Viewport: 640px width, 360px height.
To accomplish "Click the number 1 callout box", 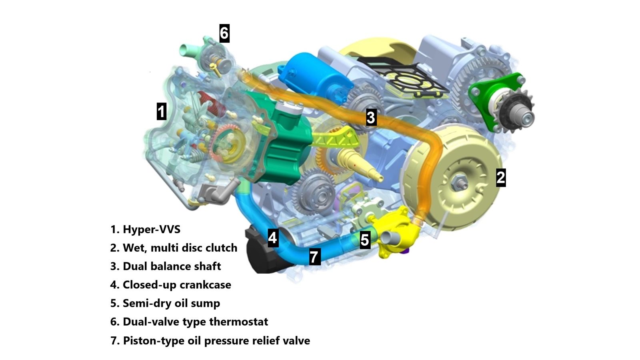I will coord(161,111).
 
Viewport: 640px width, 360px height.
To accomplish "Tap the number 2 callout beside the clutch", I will coord(500,177).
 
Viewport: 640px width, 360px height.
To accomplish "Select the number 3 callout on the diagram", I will coord(371,117).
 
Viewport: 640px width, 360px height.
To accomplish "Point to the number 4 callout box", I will coord(272,238).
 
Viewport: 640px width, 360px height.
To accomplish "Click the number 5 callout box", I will coord(364,240).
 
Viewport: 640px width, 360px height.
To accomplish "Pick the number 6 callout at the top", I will coord(224,33).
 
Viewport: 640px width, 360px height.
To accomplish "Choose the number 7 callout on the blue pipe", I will coord(314,256).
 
